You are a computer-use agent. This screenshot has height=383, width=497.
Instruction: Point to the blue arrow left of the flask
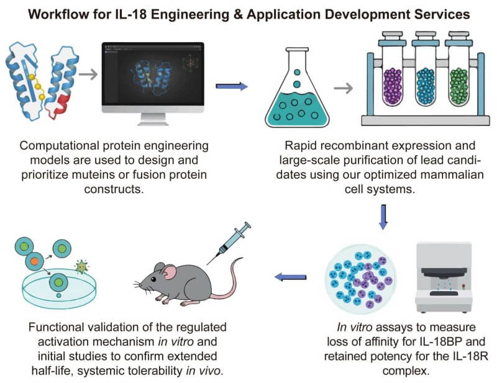[x=232, y=86]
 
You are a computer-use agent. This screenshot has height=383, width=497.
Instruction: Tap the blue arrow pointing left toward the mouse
[x=291, y=276]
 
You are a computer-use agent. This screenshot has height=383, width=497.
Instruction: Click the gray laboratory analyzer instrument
[x=447, y=273]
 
